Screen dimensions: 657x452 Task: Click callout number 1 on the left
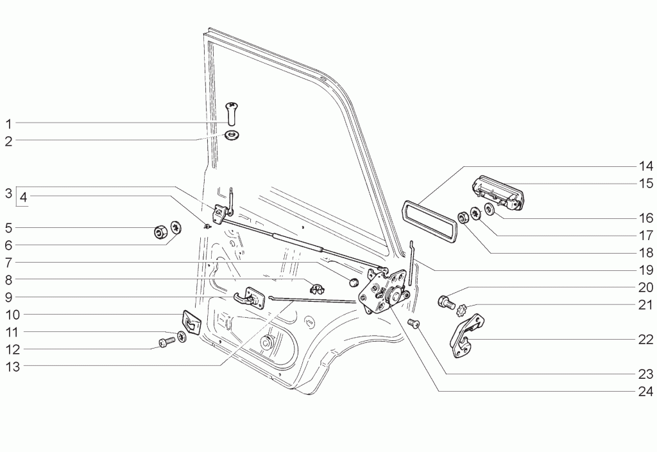9,124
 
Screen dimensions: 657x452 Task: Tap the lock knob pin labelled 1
231,113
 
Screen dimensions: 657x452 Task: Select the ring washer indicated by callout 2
231,135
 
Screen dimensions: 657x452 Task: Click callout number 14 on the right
645,166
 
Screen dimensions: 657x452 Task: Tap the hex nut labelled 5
160,231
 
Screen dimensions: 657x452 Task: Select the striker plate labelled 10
191,322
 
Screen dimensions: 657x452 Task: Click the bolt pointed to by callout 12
166,343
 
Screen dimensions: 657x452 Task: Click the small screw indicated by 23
413,324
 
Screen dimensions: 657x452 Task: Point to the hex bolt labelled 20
447,302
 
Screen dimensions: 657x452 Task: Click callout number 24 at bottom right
645,391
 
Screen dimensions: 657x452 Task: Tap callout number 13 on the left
13,367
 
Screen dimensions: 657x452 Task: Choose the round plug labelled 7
354,281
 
